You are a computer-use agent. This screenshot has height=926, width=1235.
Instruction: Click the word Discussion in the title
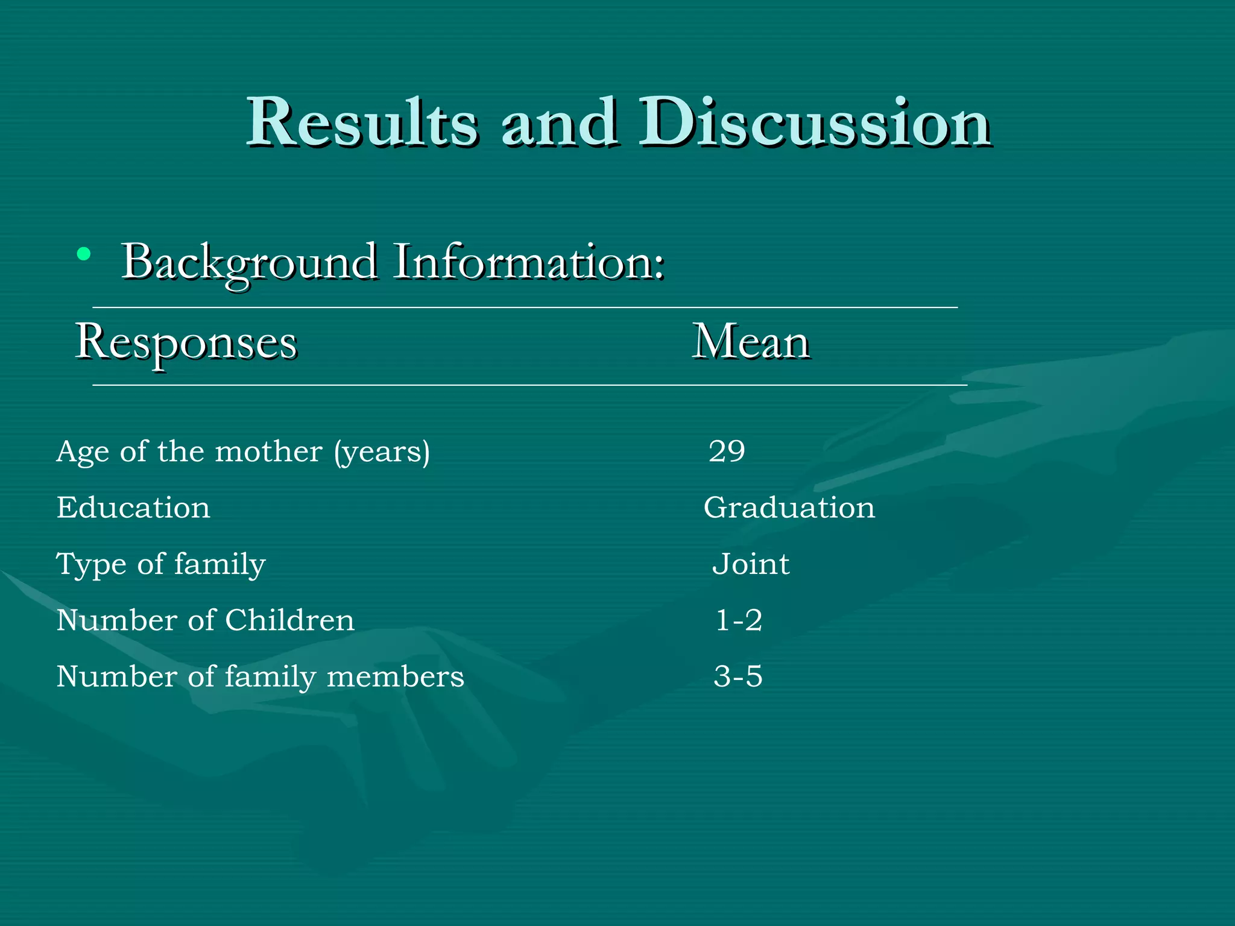(x=815, y=123)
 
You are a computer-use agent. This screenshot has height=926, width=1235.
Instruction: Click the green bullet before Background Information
(x=84, y=254)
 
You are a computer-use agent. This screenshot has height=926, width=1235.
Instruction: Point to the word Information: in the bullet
(x=529, y=262)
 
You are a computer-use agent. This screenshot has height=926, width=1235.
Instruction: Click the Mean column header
(x=750, y=342)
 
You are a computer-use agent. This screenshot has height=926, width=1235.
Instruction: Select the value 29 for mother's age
(x=727, y=451)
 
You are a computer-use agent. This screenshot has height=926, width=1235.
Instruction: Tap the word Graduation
(x=789, y=508)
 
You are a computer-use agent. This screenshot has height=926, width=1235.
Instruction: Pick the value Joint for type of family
(x=751, y=564)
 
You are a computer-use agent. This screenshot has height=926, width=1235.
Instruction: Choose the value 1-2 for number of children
(x=739, y=620)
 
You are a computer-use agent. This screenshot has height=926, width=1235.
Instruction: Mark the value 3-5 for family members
(x=738, y=676)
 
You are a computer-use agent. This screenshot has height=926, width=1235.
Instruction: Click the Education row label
(x=133, y=508)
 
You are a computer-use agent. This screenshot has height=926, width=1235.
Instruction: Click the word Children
(x=289, y=620)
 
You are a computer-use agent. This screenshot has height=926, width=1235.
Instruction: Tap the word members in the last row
(x=395, y=676)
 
